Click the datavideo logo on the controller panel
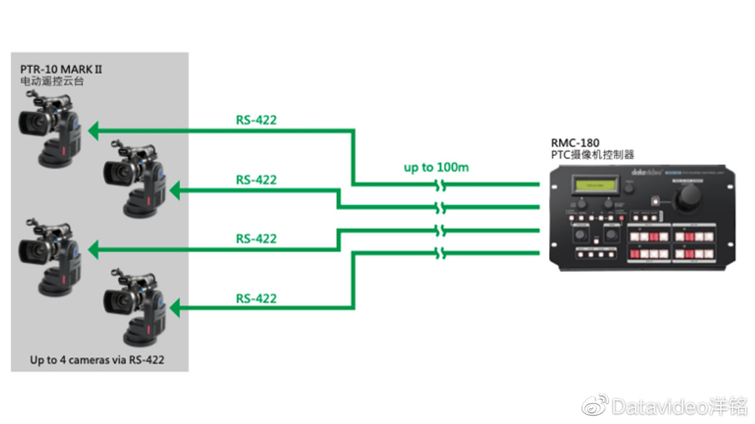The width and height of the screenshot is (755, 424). (x=646, y=173)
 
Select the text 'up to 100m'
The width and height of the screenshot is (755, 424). (x=436, y=168)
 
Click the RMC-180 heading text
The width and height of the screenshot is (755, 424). (x=574, y=143)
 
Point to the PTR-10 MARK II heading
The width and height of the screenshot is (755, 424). (x=61, y=69)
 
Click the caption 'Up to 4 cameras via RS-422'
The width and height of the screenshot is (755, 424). (x=97, y=360)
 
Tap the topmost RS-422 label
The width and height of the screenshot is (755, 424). (x=256, y=120)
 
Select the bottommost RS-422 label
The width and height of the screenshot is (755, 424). (x=256, y=298)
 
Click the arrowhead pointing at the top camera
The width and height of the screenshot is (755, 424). (x=93, y=130)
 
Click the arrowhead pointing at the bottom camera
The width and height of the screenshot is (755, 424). (x=174, y=309)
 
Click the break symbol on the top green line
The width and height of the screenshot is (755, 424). (x=442, y=185)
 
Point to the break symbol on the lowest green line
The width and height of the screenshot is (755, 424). (x=442, y=253)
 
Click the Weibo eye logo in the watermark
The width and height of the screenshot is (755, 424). (x=595, y=405)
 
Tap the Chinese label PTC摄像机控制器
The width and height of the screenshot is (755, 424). (x=592, y=155)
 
